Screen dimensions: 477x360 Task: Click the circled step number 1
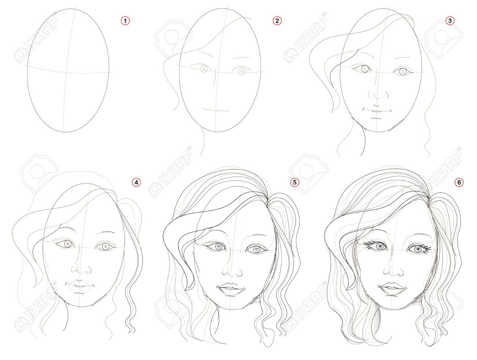tap(125, 21)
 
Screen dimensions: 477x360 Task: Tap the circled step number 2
tap(277, 21)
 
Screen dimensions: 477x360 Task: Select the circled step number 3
tap(450, 21)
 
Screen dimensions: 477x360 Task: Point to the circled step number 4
tap(136, 182)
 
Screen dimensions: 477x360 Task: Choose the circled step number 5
tap(295, 182)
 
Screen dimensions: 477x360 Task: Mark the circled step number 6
tap(459, 182)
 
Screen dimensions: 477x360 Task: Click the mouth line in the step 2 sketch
tap(216, 110)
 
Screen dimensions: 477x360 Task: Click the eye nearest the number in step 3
tap(402, 71)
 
